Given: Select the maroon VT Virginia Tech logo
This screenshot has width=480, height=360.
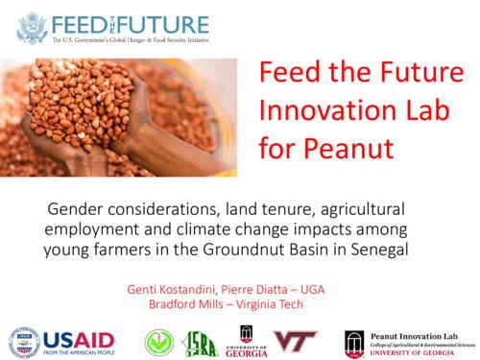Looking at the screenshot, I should click(294, 340).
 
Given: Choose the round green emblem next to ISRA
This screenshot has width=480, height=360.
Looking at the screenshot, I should click(158, 341).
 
